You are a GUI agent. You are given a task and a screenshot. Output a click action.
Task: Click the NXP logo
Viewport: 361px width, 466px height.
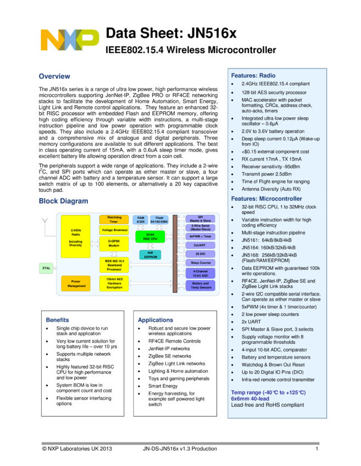click(x=70, y=40)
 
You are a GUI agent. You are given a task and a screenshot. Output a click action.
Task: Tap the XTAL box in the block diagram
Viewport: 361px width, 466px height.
click(x=47, y=268)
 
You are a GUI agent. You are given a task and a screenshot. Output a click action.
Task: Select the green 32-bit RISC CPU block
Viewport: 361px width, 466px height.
click(x=149, y=237)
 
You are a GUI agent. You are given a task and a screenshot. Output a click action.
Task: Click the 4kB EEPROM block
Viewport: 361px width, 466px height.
click(x=149, y=255)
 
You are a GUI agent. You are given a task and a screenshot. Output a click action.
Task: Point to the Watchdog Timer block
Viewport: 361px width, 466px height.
click(x=114, y=219)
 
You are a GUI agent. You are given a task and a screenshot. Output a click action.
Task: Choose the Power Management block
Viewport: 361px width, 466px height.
click(x=76, y=283)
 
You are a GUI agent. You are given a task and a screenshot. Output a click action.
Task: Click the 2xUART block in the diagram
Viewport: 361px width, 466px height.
click(x=200, y=245)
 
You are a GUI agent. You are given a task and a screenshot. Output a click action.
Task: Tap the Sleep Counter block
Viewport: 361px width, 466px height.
click(x=200, y=263)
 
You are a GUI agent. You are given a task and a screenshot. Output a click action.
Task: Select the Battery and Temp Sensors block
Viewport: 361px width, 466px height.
click(x=200, y=285)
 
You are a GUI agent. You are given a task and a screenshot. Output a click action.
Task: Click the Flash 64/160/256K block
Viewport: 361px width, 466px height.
click(x=159, y=219)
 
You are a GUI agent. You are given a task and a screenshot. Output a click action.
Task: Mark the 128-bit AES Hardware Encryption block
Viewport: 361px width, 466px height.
click(x=114, y=283)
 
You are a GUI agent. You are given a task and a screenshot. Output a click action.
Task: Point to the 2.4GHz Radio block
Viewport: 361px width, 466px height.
click(x=76, y=236)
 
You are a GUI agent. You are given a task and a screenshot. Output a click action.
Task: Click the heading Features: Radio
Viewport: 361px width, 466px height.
click(x=253, y=76)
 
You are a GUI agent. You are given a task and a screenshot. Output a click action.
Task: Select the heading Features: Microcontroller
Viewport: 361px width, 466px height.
click(x=266, y=198)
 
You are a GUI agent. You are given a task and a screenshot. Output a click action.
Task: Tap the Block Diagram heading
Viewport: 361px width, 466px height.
click(x=63, y=202)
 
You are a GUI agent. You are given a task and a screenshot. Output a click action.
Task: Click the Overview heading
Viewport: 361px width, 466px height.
click(x=54, y=77)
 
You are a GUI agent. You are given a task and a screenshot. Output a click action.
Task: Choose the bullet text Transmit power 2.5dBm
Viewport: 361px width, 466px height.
click(x=267, y=174)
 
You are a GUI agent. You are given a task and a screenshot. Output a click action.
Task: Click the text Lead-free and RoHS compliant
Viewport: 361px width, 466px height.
click(x=267, y=405)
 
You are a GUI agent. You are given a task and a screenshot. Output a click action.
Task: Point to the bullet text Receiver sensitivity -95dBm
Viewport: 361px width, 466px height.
click(x=271, y=167)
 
